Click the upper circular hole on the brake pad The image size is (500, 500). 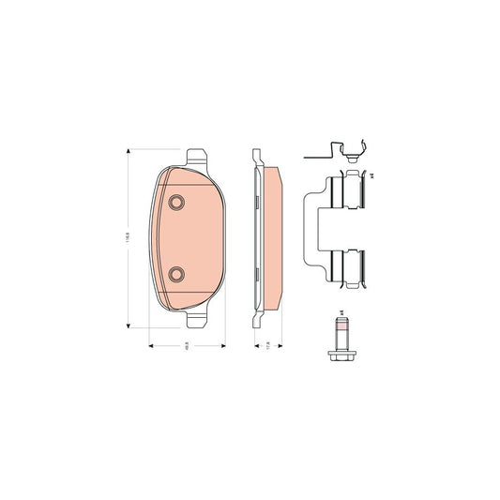click(175, 204)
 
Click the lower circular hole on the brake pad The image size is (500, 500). click(175, 274)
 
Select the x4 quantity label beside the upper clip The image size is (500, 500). click(372, 174)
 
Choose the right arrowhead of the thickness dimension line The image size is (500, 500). click(279, 343)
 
